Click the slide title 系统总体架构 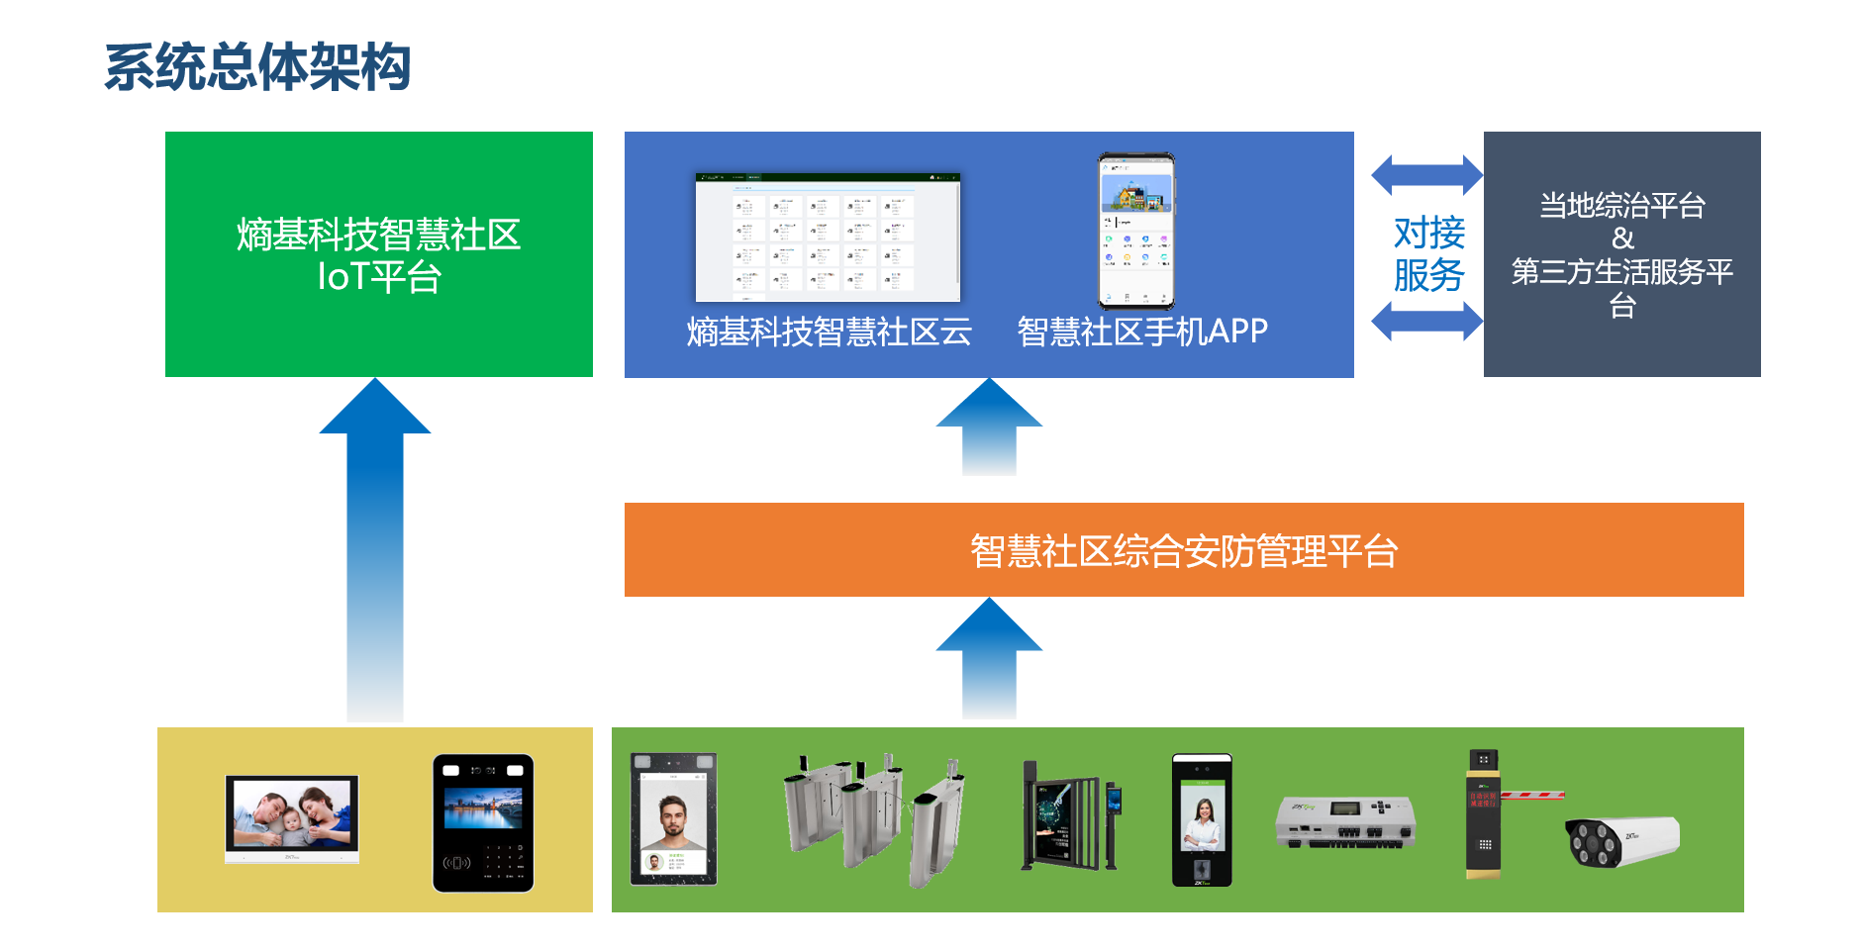(x=257, y=67)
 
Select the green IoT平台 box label (x=378, y=255)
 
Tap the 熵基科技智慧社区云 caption (x=829, y=332)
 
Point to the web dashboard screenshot (x=828, y=238)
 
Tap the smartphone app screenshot (x=1136, y=231)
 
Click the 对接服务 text (x=1428, y=253)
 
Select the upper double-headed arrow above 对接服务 (x=1426, y=175)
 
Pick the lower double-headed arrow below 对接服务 (x=1426, y=322)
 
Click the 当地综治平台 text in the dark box (x=1621, y=206)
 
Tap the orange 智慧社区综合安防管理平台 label (x=1183, y=551)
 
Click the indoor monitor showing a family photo (x=292, y=818)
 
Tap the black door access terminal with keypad (x=483, y=822)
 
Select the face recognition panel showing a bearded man (x=673, y=818)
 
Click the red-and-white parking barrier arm (x=1532, y=794)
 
